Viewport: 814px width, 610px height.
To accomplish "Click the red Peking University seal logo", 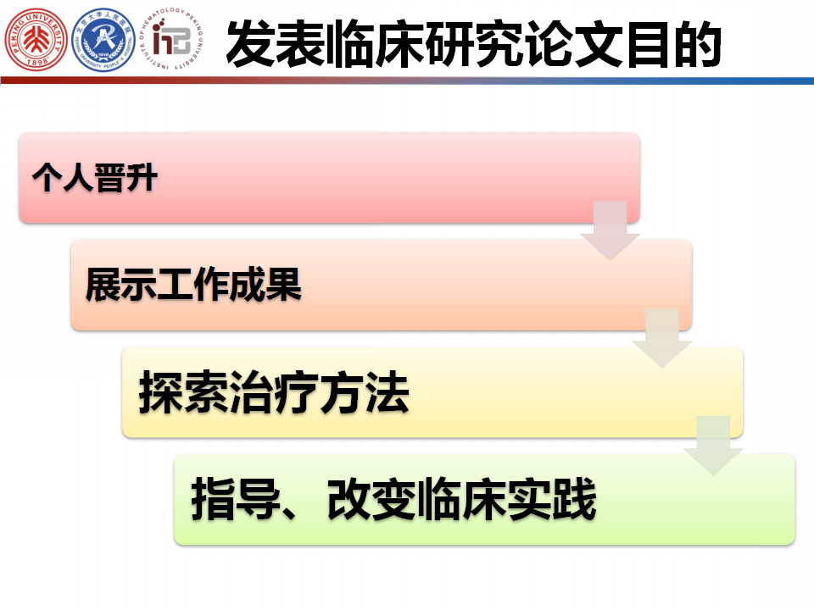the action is (x=36, y=39).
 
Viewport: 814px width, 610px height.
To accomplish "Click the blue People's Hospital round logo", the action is (x=103, y=40).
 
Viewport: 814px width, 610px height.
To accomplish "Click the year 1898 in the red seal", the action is (x=36, y=62).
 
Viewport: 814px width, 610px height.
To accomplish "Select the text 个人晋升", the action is (x=94, y=178).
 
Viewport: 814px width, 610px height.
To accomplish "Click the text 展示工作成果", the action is (x=193, y=285).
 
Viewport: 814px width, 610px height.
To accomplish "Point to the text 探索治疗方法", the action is (x=274, y=392).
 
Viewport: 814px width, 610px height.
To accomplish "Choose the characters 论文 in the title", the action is (x=574, y=43).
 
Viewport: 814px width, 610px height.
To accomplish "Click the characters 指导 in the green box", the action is (x=237, y=499).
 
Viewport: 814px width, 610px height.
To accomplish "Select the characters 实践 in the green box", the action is (x=551, y=499).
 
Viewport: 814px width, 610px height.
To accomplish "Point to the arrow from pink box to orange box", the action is (x=610, y=230).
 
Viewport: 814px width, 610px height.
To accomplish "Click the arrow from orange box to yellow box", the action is (x=662, y=338).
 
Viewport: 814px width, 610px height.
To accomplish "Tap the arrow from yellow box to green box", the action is (x=713, y=446).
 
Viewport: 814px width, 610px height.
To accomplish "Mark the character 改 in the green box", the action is (x=349, y=499).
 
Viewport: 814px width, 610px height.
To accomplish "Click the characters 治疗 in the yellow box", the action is (x=274, y=392).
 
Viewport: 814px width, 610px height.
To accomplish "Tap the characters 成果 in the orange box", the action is (x=265, y=285).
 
